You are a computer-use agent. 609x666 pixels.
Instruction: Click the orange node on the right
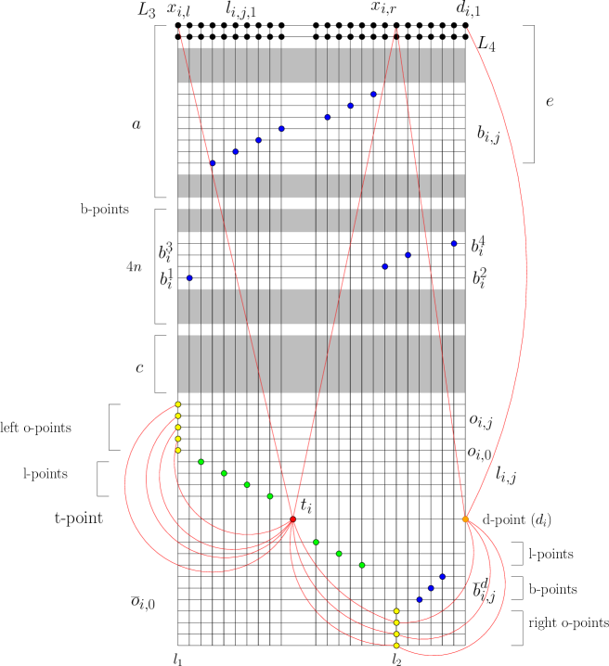[x=465, y=519]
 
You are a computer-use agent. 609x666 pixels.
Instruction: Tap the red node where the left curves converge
[x=292, y=522]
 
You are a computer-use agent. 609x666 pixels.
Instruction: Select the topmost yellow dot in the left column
[x=178, y=404]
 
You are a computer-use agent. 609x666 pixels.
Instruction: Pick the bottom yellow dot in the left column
[x=178, y=450]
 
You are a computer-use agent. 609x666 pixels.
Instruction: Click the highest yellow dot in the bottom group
[x=396, y=611]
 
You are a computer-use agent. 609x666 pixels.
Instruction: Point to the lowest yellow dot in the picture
[x=396, y=646]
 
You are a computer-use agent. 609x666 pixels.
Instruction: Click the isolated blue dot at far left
[x=189, y=277]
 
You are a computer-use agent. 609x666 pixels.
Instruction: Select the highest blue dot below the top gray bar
[x=373, y=94]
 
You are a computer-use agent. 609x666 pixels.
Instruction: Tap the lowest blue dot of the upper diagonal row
[x=212, y=162]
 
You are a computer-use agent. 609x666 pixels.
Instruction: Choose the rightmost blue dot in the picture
[x=454, y=243]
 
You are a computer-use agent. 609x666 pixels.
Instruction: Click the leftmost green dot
[x=201, y=461]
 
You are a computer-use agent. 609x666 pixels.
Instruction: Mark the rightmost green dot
[x=362, y=565]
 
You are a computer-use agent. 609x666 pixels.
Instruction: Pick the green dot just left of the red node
[x=270, y=496]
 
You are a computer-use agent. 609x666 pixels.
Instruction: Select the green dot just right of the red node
[x=316, y=542]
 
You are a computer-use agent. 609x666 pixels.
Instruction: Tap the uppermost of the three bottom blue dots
[x=442, y=576]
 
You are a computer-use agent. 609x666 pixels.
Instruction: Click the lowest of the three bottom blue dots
[x=419, y=599]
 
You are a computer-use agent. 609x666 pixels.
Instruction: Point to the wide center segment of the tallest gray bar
[x=298, y=364]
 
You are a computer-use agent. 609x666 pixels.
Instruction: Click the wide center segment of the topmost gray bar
[x=298, y=65]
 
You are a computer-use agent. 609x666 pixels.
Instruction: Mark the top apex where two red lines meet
[x=396, y=30]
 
